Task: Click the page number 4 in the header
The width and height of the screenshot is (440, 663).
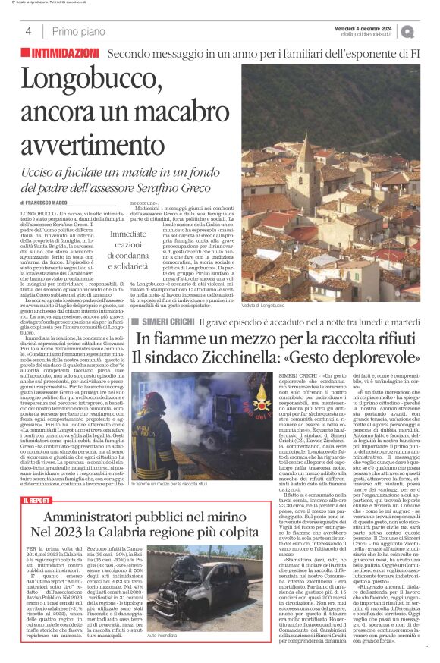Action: coord(28,31)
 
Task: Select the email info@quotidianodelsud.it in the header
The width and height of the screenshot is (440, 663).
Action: coord(369,34)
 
